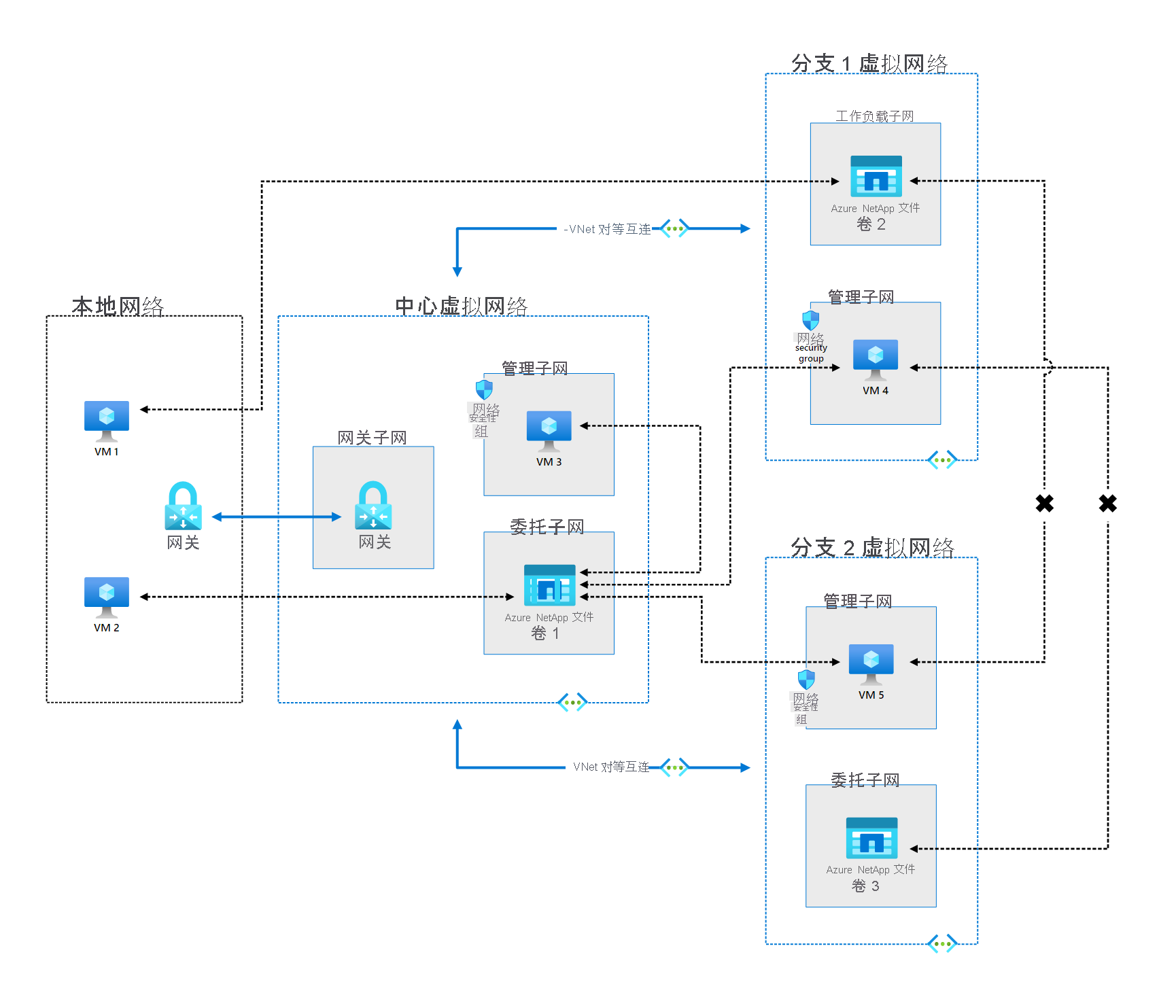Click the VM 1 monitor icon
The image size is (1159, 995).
[x=107, y=420]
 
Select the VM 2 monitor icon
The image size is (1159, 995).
[x=107, y=596]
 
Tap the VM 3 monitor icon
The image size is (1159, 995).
[x=549, y=430]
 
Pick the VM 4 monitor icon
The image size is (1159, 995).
[x=876, y=359]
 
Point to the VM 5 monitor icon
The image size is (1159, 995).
[x=871, y=663]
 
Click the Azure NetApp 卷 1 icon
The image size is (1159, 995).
[x=549, y=585]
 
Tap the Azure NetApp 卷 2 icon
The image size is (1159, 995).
[x=876, y=176]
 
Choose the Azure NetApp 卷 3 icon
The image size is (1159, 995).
[x=871, y=838]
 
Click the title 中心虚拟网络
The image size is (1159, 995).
[x=461, y=306]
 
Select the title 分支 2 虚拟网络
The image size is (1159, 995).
[x=872, y=547]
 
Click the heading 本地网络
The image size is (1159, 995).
[x=118, y=306]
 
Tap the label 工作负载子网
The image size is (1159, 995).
[x=874, y=116]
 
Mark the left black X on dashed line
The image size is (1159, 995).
[x=1044, y=504]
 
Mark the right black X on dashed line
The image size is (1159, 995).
[x=1107, y=504]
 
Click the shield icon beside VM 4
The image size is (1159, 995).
[x=810, y=319]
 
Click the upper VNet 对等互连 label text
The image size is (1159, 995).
[x=609, y=229]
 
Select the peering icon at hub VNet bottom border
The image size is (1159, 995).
[x=572, y=703]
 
